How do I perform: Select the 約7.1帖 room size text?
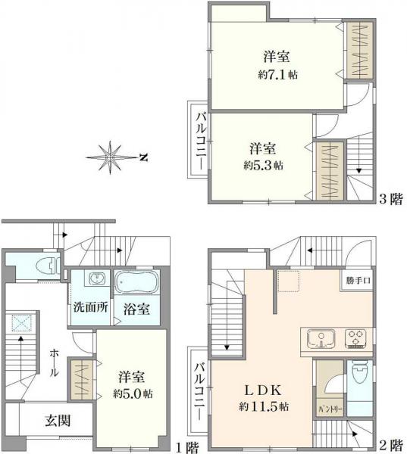[x=277, y=74]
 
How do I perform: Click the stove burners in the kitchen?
[x=356, y=338]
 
